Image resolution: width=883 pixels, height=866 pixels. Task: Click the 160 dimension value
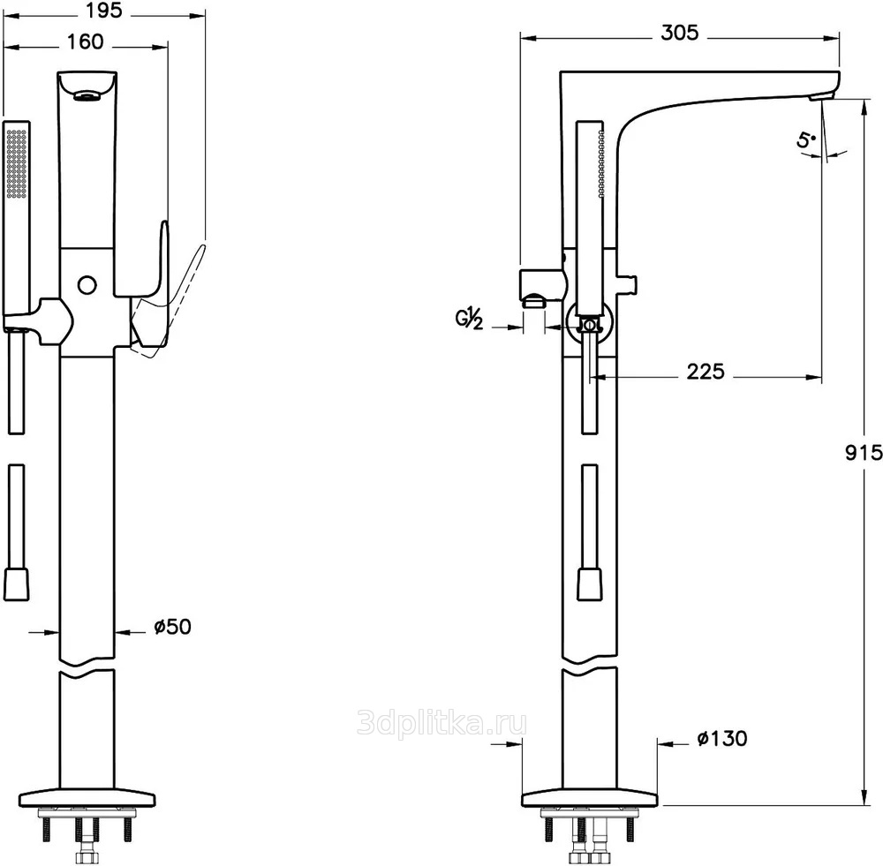click(84, 41)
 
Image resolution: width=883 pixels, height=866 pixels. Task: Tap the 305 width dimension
click(679, 33)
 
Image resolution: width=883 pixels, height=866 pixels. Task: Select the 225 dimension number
click(705, 372)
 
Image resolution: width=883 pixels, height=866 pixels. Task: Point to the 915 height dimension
click(864, 453)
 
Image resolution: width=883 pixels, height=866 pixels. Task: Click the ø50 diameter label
click(171, 627)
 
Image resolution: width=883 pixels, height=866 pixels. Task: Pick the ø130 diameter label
click(721, 738)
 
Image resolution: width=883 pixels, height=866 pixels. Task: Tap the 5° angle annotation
click(805, 139)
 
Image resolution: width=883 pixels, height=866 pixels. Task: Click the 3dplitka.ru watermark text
click(441, 724)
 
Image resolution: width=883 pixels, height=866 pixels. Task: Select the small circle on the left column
click(87, 284)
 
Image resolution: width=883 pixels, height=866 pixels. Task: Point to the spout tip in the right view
click(826, 91)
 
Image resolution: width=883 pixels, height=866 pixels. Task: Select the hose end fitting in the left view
click(16, 584)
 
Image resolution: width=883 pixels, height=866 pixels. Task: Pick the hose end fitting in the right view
click(590, 584)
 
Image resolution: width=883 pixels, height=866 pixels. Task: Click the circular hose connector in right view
click(590, 324)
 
